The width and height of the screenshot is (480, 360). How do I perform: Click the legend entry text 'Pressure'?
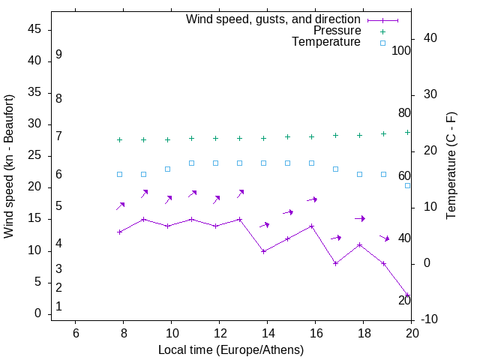tap(337, 31)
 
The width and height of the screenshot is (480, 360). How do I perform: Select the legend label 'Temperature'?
tap(326, 42)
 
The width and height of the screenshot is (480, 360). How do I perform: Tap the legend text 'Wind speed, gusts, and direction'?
tap(273, 19)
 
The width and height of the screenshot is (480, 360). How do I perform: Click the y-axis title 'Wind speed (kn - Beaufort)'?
tap(9, 166)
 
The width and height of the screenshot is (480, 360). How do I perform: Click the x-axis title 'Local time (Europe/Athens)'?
tap(231, 349)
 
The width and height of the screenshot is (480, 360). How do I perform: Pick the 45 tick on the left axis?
tap(34, 30)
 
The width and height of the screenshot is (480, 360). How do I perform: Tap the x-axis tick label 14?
tap(268, 333)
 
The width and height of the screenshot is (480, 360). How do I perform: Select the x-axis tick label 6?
tap(76, 333)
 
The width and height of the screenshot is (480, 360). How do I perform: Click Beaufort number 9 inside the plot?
tap(58, 55)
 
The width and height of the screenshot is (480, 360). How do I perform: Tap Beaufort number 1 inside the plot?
tap(58, 307)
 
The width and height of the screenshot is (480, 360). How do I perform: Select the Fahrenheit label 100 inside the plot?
tap(402, 51)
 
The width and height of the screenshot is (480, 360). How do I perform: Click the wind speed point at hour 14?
tap(264, 251)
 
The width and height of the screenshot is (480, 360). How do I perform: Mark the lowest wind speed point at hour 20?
tap(407, 295)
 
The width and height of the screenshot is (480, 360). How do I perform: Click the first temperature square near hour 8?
tap(120, 174)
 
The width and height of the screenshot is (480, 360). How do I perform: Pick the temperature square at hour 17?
tap(336, 169)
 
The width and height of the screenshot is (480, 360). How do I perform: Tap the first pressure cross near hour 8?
tap(120, 139)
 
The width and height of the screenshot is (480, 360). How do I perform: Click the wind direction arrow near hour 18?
tap(360, 218)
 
